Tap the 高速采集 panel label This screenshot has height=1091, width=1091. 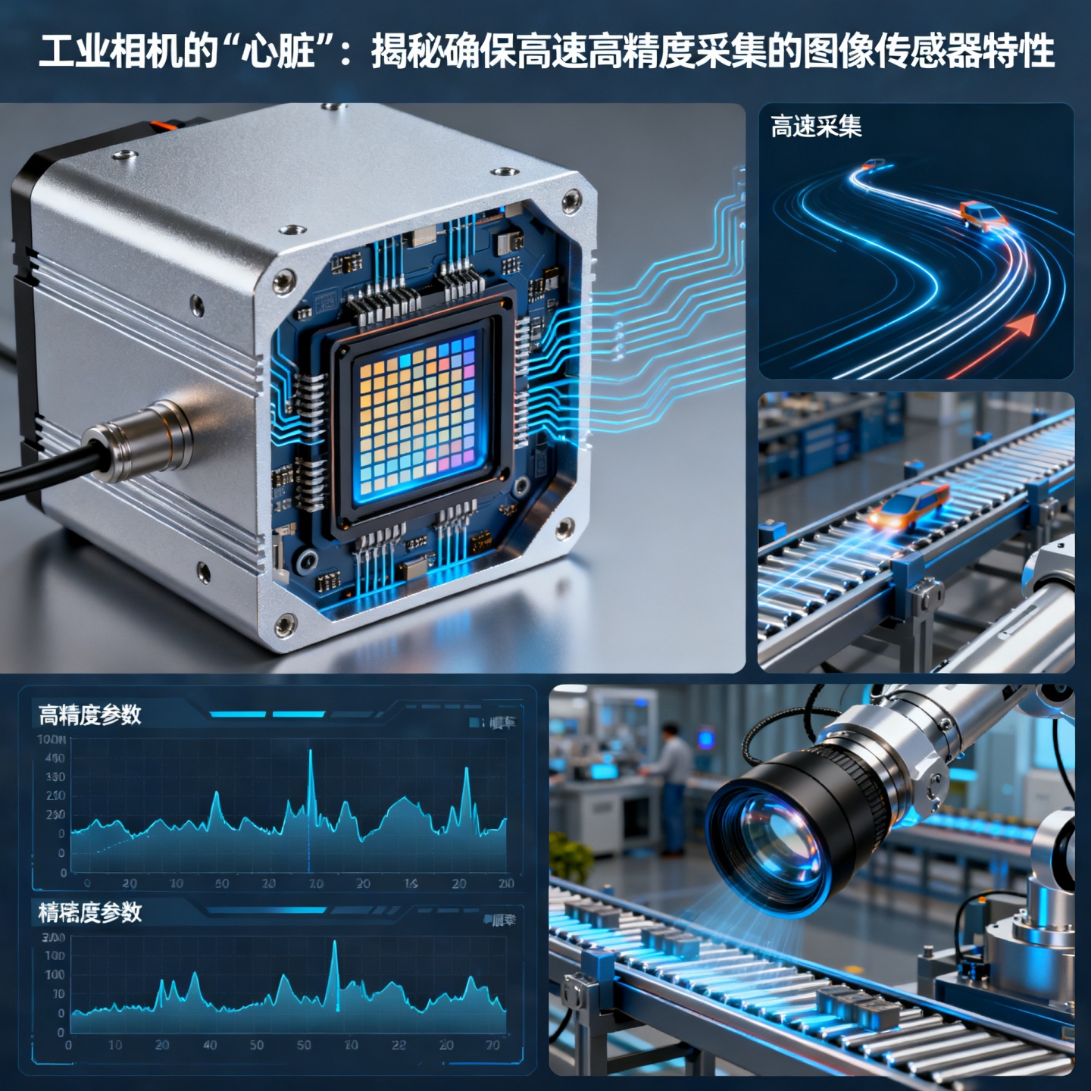(816, 127)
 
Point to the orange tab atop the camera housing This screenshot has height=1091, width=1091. (164, 123)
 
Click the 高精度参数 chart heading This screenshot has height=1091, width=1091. (89, 714)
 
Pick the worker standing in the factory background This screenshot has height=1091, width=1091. (671, 788)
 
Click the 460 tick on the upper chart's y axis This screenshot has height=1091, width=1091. (55, 758)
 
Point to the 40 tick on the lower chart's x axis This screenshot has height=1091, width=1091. (210, 1045)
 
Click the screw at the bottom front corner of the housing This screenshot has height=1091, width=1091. (285, 626)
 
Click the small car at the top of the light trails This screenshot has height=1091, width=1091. (874, 164)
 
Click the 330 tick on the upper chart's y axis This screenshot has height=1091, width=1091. (55, 777)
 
